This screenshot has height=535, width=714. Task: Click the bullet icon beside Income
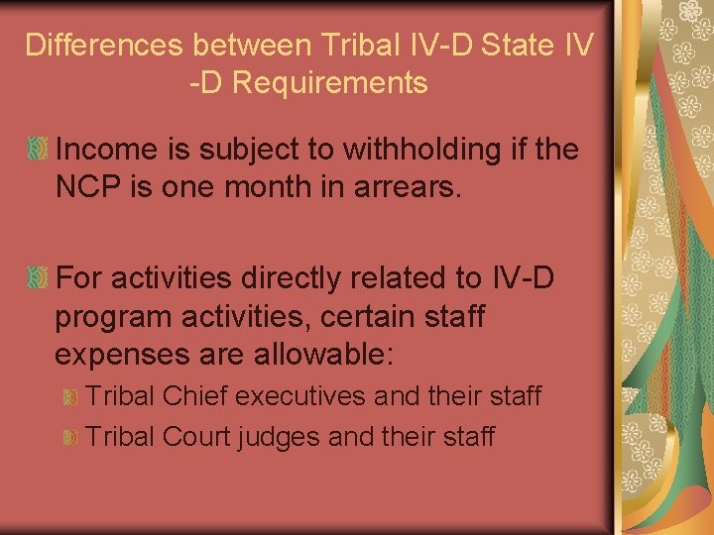[38, 151]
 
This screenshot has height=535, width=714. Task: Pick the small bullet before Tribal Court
[69, 437]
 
